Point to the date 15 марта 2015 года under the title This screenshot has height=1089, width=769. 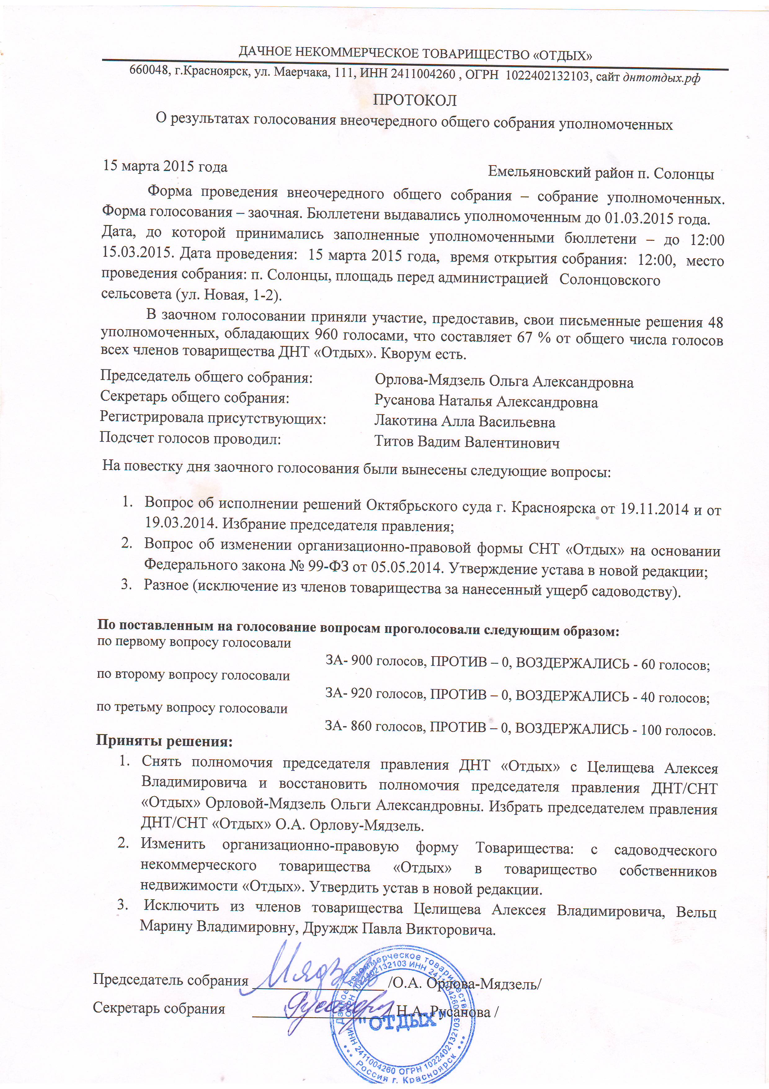pyautogui.click(x=165, y=166)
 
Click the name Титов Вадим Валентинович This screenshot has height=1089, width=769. pyautogui.click(x=467, y=442)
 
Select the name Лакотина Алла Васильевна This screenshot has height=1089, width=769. pyautogui.click(x=464, y=421)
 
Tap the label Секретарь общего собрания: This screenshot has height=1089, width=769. pyautogui.click(x=194, y=397)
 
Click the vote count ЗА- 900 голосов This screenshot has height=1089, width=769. pyautogui.click(x=376, y=661)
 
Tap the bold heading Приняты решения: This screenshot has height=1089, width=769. pyautogui.click(x=164, y=740)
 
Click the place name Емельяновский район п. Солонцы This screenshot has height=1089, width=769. pyautogui.click(x=601, y=173)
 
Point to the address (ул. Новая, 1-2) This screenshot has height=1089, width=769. pyautogui.click(x=229, y=295)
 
